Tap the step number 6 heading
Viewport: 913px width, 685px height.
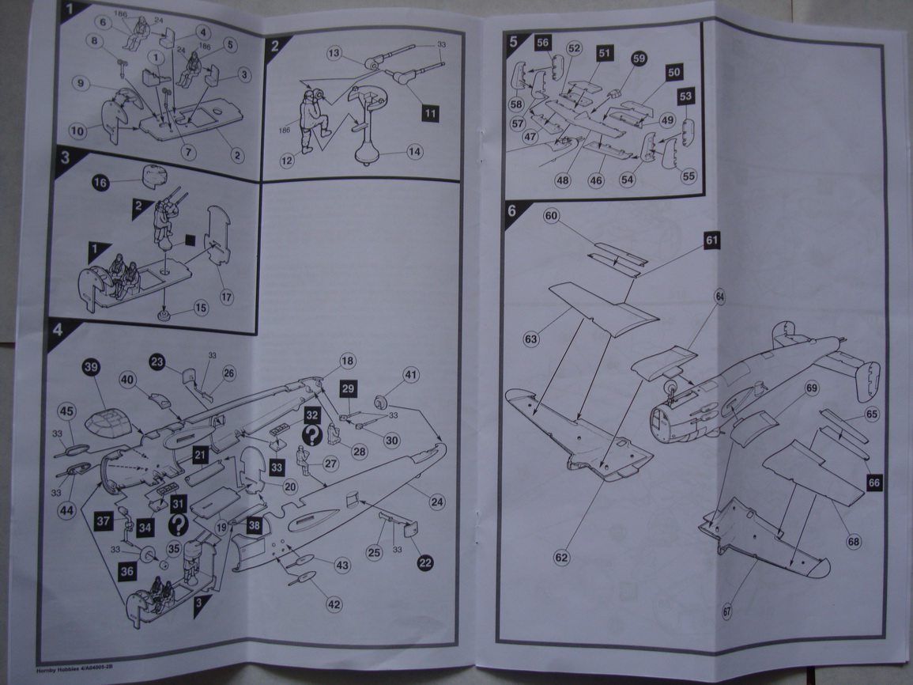click(x=511, y=210)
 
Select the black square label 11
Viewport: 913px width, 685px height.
click(x=430, y=112)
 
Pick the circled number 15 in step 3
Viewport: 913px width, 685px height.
click(x=201, y=307)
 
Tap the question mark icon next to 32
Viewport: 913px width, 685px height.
click(x=312, y=435)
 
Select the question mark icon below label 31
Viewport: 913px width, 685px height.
click(x=179, y=524)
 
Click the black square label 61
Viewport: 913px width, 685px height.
click(x=712, y=241)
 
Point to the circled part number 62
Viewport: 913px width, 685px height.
click(x=561, y=558)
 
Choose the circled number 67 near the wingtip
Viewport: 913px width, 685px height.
click(x=726, y=611)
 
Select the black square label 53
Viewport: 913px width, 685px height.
click(x=685, y=97)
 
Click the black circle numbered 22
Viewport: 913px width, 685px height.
click(x=425, y=562)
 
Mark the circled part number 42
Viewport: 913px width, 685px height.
click(x=334, y=604)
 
